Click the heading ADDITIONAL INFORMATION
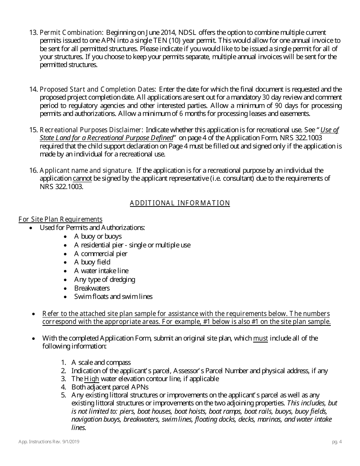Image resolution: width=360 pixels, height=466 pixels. (180, 203)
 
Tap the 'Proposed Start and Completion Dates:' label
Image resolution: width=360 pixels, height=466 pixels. (98, 89)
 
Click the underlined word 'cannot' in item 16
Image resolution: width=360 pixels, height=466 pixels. (82, 178)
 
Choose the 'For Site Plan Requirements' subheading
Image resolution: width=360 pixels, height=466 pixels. (60, 219)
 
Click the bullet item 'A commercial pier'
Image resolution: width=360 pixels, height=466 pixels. (101, 253)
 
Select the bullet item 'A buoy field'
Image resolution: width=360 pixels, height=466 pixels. (92, 262)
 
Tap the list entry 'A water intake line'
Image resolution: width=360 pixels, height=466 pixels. (101, 271)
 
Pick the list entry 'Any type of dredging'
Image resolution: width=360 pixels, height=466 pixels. (105, 280)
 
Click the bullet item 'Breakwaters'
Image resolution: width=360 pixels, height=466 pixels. (92, 288)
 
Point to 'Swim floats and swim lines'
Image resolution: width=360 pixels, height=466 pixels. (113, 297)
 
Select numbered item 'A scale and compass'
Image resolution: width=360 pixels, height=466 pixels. (101, 363)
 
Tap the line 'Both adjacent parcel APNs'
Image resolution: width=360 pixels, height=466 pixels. (110, 387)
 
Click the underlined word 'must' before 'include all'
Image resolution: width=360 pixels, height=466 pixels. (260, 338)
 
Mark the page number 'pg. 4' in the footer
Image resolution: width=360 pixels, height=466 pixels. (336, 442)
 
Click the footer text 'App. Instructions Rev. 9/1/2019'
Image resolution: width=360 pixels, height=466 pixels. (49, 442)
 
